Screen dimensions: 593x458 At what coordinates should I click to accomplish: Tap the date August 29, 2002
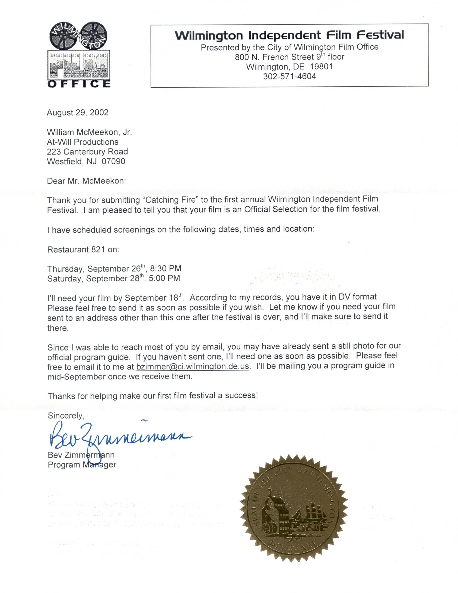[78, 113]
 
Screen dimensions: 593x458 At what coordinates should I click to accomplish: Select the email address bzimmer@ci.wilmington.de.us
[192, 366]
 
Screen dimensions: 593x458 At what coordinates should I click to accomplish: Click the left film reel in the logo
[63, 35]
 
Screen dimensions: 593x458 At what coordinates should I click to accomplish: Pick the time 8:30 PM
[165, 269]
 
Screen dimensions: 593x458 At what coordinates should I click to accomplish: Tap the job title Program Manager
[82, 465]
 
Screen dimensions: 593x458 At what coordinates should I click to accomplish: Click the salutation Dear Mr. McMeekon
[86, 181]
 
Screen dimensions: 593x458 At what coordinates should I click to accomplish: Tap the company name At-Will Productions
[83, 142]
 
